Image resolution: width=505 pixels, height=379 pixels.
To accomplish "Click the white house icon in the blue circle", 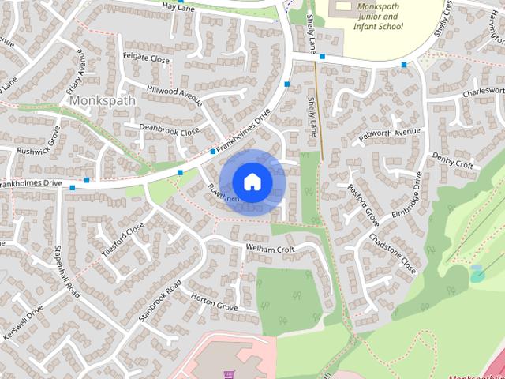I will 252,182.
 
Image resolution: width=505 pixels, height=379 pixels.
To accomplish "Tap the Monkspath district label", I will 103,102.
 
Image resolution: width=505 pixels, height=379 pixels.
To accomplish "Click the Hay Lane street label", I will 178,6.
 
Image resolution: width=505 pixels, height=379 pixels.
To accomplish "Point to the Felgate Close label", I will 146,58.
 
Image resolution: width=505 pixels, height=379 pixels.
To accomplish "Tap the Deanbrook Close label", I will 169,129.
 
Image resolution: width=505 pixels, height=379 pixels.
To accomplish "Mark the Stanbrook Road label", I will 160,300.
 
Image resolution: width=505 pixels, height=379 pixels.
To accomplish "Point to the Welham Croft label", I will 270,250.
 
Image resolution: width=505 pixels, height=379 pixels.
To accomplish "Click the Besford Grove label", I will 363,205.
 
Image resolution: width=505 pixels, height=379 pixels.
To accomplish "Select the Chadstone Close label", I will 392,252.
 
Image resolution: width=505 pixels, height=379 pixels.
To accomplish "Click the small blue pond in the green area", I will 477,274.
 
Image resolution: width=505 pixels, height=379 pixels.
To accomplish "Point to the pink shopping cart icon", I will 230,374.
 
